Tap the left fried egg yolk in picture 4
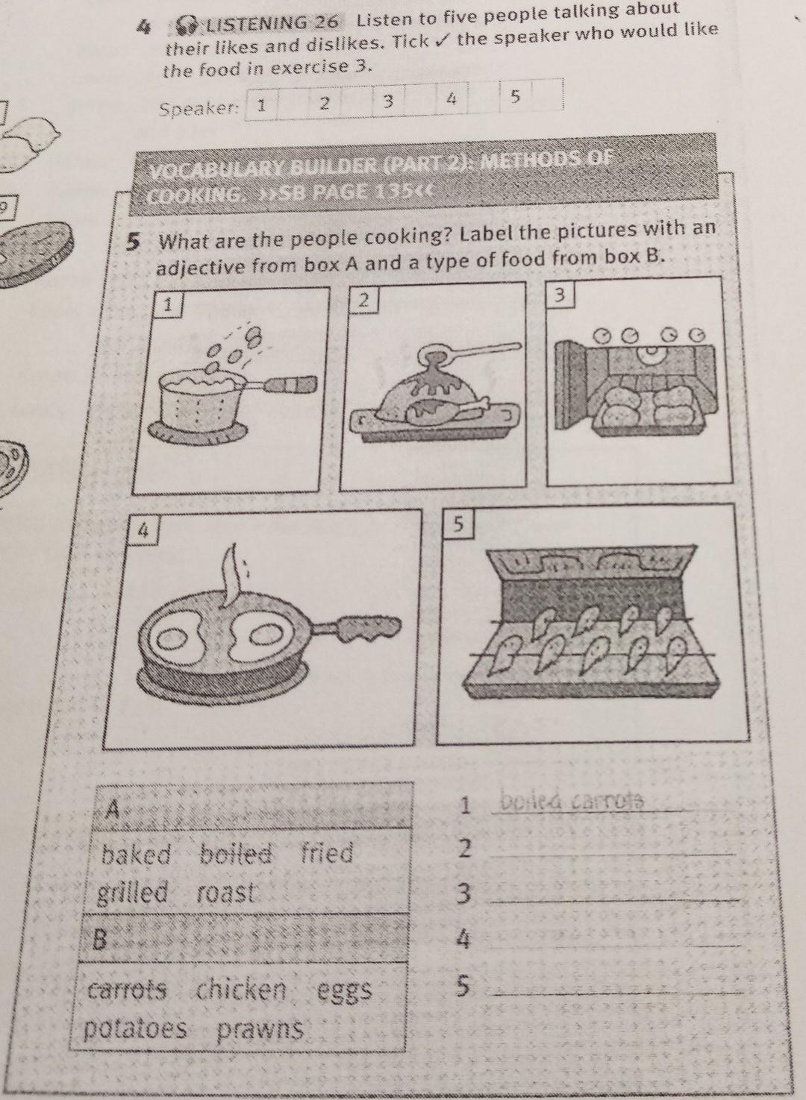(x=169, y=638)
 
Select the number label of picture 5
(x=457, y=525)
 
